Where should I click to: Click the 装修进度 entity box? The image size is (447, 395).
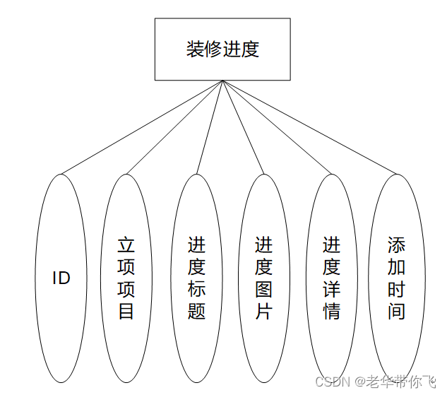coord(222,49)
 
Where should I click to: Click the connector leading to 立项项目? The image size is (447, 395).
coord(175,126)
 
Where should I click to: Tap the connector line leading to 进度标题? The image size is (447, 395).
coord(210,126)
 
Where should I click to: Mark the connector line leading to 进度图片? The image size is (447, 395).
coord(243,126)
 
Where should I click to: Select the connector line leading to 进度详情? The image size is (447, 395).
coord(276,126)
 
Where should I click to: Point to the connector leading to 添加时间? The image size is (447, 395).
coord(309,126)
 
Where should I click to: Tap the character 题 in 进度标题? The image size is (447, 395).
coord(196,311)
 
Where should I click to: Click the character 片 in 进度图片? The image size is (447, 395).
coord(263,311)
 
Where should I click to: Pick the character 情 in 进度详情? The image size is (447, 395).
coord(331,311)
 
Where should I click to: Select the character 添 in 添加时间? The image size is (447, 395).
coord(397,245)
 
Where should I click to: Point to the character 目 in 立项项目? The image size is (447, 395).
coord(126,311)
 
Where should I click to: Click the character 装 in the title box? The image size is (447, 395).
coord(195,49)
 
